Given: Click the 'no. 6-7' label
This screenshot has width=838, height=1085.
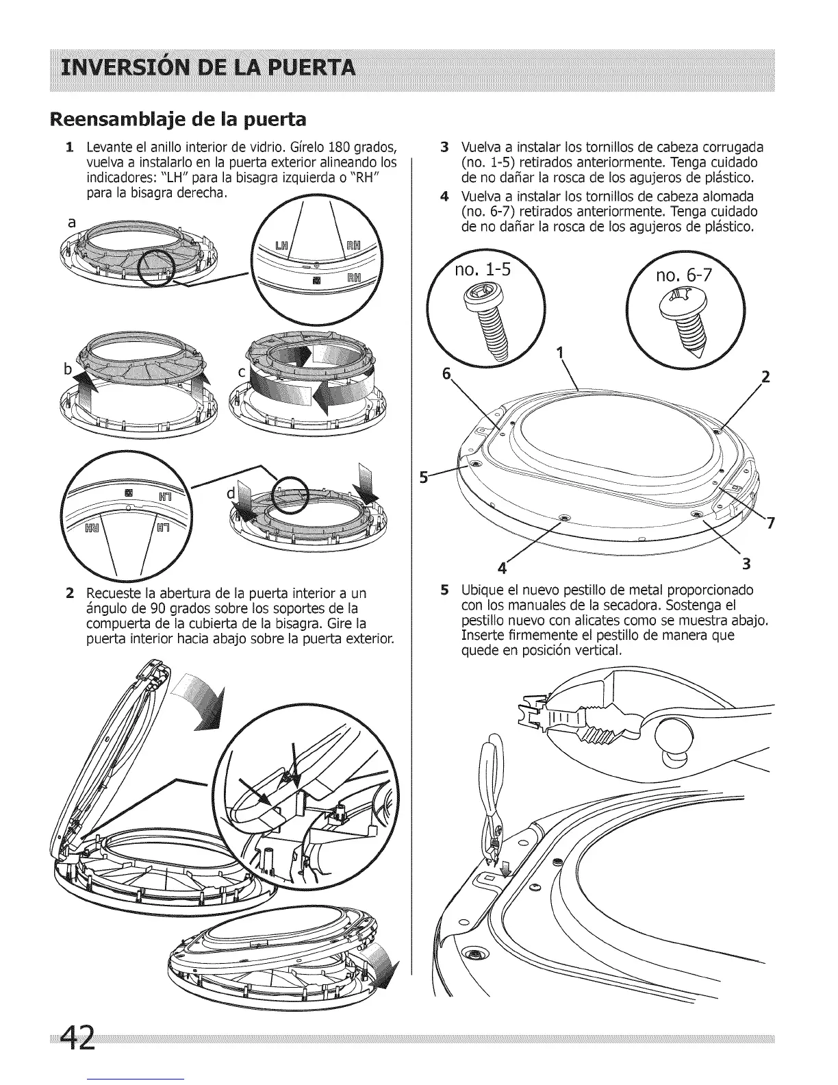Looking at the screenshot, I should click(684, 275).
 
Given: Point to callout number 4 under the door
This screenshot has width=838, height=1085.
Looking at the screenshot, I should click(502, 569).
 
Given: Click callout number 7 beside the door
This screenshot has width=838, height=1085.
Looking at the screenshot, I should click(770, 525).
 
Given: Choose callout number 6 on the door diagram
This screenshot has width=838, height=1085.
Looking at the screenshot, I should click(448, 374).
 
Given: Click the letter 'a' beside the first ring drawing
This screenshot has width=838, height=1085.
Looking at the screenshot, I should click(72, 223).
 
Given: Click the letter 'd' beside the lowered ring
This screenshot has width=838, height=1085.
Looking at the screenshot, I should click(231, 492).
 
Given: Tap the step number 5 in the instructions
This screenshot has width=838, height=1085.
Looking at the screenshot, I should click(445, 590).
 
